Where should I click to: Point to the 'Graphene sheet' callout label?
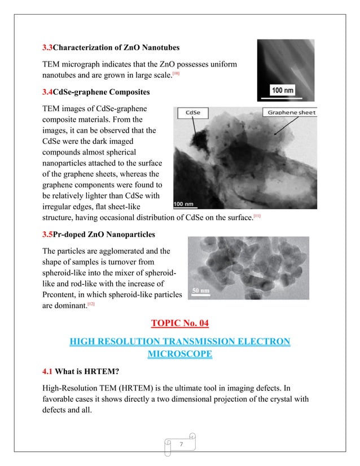click(x=292, y=112)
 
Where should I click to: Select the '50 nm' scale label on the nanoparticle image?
click(x=201, y=291)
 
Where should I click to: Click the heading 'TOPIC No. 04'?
click(x=179, y=323)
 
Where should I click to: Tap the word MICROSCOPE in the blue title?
click(x=179, y=354)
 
